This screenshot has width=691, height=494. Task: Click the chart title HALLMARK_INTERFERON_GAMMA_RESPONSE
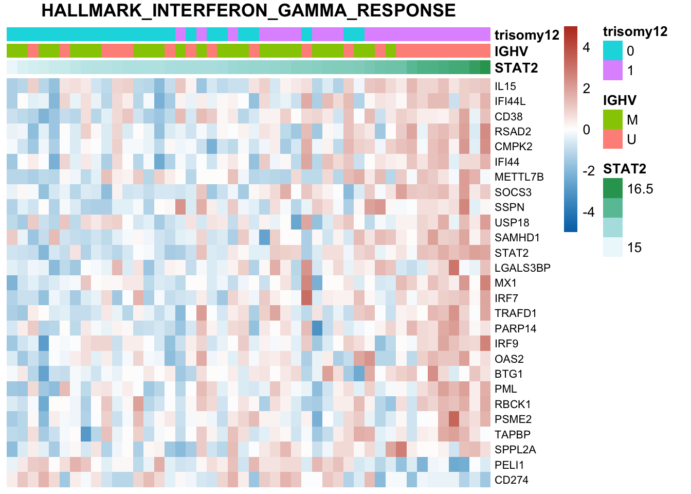[x=248, y=11]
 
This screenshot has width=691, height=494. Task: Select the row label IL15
[x=505, y=86]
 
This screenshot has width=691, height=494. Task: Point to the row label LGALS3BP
[x=522, y=268]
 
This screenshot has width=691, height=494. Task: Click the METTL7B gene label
[x=519, y=177]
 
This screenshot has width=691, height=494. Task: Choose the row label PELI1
[x=510, y=465]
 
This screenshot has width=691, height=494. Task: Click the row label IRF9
[x=506, y=344]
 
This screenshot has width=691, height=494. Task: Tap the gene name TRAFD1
[x=515, y=313]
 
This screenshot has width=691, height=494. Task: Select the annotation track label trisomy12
[x=526, y=35]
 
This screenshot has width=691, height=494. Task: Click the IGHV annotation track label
[x=511, y=51]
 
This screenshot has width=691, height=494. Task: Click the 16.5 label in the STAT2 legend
[x=640, y=189]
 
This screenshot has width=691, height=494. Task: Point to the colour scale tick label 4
[x=587, y=47]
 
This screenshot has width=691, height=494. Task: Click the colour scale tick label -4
[x=588, y=212]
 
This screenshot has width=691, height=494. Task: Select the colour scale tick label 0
[x=587, y=130]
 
